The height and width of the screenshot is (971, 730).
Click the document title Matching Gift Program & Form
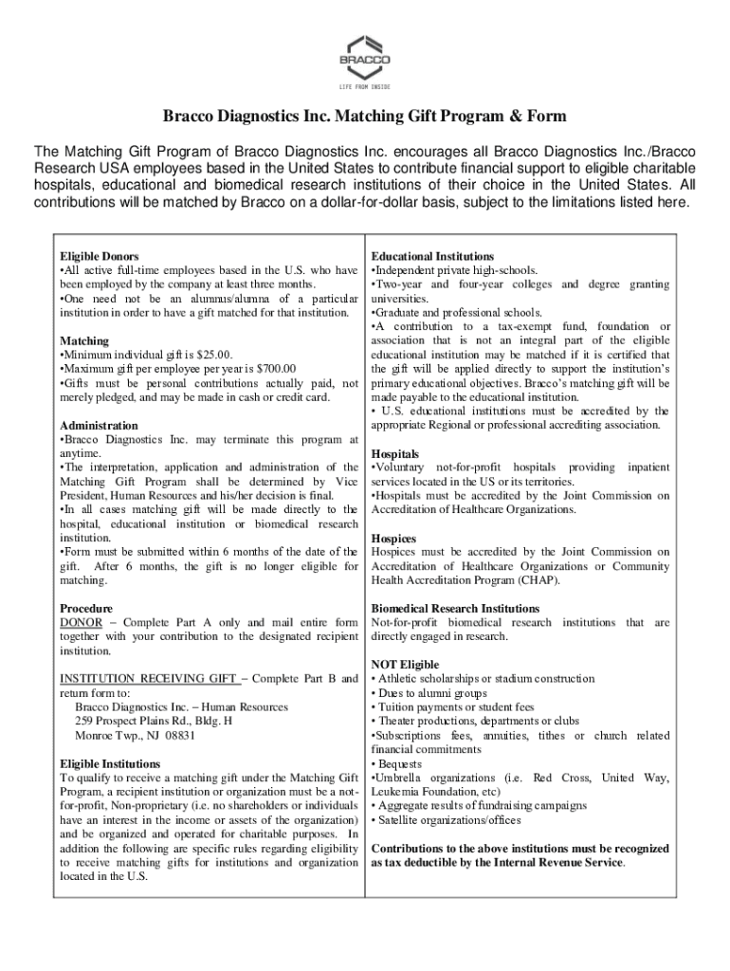[x=364, y=117]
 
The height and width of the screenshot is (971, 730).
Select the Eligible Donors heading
[x=100, y=257]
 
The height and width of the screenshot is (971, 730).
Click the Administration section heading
[x=99, y=426]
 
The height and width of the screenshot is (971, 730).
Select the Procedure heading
[x=86, y=608]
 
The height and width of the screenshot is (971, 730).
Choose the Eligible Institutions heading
[x=110, y=763]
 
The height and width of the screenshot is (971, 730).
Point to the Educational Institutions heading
[x=432, y=257]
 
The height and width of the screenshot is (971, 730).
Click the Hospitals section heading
[x=395, y=454]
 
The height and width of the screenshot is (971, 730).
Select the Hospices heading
[x=394, y=538]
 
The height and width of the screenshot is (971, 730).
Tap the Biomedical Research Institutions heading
[x=456, y=608]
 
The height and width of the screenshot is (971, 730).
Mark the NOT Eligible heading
[x=405, y=665]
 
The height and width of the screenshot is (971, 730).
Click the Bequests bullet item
[x=401, y=763]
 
